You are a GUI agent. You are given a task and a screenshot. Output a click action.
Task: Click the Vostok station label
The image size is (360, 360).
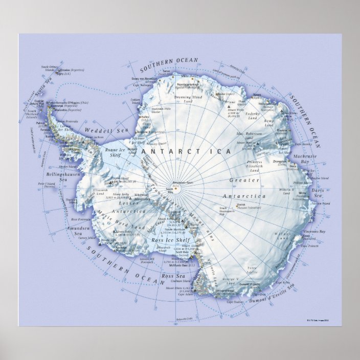tap(242, 206)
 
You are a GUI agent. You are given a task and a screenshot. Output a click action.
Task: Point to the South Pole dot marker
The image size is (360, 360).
tap(175, 188)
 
